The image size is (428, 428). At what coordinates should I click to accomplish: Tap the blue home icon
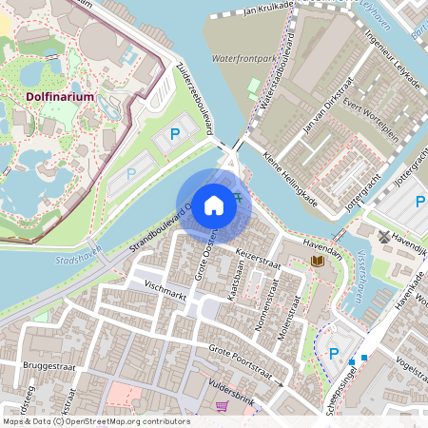(214, 204)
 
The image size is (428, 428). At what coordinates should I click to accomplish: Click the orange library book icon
(317, 261)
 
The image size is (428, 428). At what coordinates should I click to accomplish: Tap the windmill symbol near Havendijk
(384, 236)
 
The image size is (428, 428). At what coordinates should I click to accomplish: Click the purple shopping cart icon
(222, 406)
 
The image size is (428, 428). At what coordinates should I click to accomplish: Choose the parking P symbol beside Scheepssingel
(333, 354)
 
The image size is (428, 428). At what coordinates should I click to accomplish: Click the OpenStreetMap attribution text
(95, 421)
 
